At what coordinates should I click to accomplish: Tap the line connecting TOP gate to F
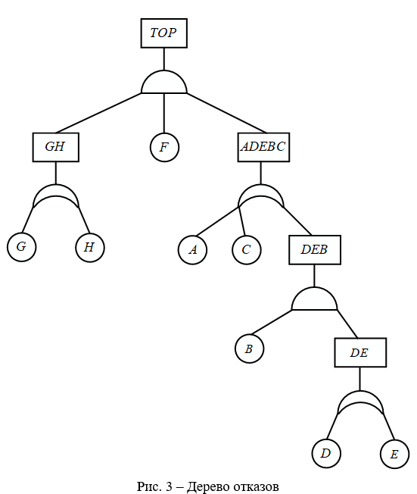[x=164, y=113]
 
